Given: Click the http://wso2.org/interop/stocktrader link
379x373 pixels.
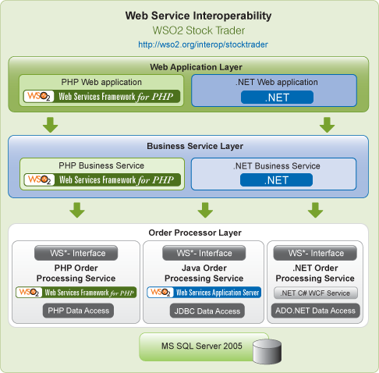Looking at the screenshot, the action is pos(203,44).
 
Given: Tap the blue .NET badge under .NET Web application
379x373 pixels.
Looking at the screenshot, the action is pos(277,98).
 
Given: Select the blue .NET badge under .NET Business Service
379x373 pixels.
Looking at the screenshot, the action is pos(276,180).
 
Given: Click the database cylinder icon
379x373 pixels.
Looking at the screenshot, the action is pos(267,351).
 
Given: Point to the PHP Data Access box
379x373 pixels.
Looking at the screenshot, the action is pos(78,311).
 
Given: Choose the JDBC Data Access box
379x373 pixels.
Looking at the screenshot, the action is pos(207,311).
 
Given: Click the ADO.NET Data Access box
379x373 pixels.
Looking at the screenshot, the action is pos(315,311).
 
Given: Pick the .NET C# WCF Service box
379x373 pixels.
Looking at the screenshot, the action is pos(316,293).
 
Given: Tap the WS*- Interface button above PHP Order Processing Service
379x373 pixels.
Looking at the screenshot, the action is pos(76,253).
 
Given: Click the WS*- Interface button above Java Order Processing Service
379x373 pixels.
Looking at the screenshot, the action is pos(204,253).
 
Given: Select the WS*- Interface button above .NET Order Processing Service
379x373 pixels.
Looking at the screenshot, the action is pos(315,253).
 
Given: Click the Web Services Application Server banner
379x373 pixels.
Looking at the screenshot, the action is pos(204,293).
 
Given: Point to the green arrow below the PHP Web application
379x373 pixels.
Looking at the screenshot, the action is pos(50,125).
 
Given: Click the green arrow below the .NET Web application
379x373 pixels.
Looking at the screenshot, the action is pos(327,125).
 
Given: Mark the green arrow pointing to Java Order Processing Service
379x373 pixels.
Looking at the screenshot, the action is pos(205,210).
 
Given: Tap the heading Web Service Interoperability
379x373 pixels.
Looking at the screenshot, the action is pos(198,16).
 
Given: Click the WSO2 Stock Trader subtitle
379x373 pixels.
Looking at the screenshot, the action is pos(199,30).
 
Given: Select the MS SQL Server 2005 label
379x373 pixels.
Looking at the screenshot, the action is pos(202,346).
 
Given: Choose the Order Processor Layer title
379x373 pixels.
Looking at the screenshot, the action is pos(195,233).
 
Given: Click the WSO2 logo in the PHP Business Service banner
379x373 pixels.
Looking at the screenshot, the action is pos(40,179).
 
